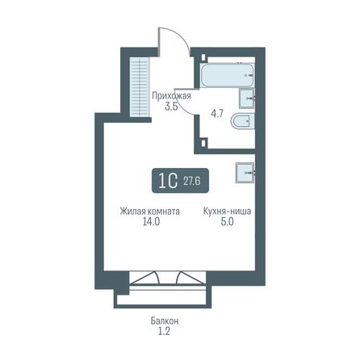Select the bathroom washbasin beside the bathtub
pos(247,98)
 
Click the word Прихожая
pos(171,94)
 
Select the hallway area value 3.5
pos(171,105)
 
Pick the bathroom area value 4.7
pos(216,115)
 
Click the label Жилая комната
pos(144,211)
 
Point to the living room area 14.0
pos(144,222)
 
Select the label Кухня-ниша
pos(225,211)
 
